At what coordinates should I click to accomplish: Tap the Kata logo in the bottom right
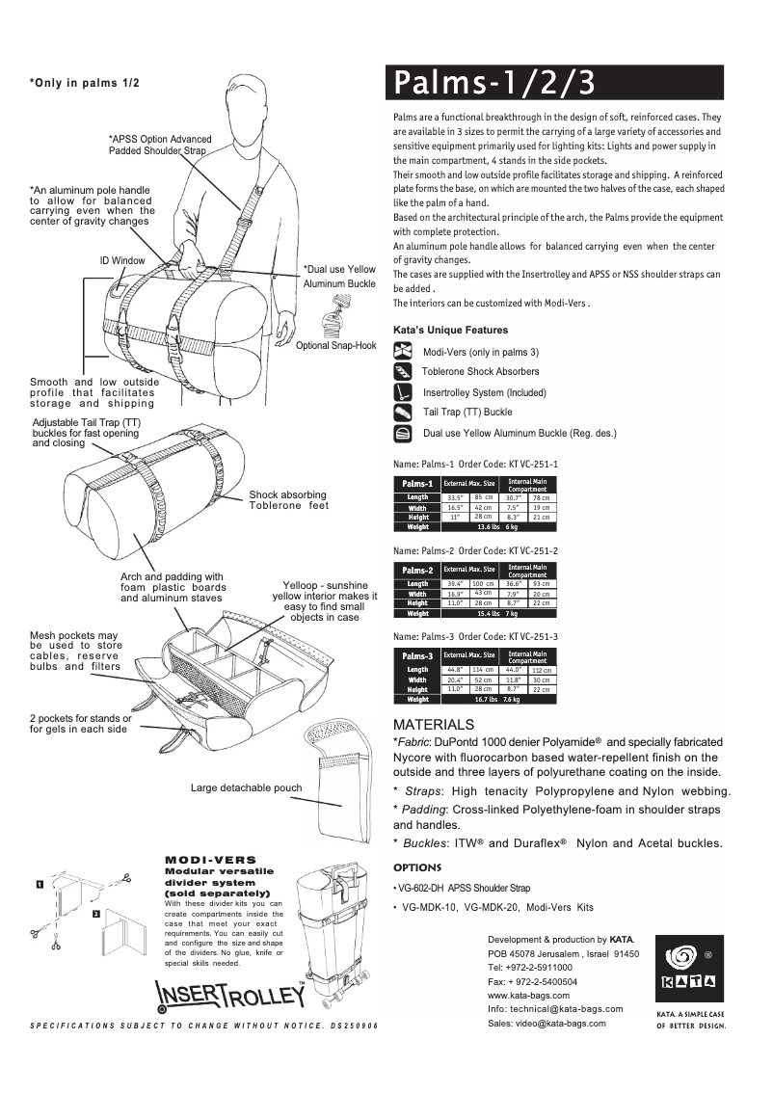click(x=689, y=969)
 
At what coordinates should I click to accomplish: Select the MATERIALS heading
click(x=434, y=724)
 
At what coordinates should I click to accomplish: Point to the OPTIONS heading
click(x=417, y=866)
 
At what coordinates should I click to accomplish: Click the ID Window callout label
click(x=122, y=260)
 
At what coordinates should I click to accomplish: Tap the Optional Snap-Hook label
click(x=336, y=345)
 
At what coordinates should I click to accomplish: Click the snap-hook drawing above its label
click(x=337, y=313)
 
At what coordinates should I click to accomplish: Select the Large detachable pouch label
click(x=246, y=787)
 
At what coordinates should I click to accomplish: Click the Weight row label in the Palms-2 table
click(x=417, y=613)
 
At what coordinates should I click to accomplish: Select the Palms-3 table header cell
click(x=417, y=656)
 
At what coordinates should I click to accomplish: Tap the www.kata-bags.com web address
click(x=529, y=995)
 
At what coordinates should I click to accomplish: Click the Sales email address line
click(x=547, y=1023)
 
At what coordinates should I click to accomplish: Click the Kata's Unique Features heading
click(x=450, y=330)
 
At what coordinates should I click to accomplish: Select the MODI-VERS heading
click(x=211, y=859)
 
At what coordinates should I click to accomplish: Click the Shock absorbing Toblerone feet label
click(x=288, y=499)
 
